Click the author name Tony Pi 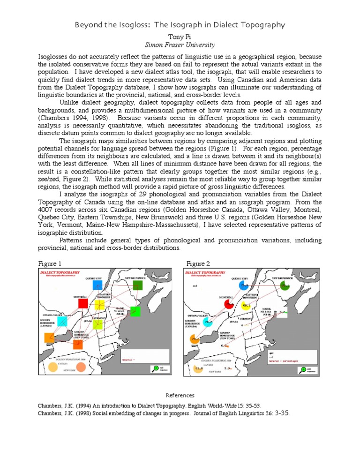tap(180, 36)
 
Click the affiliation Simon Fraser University tap(180, 45)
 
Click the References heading tap(180, 395)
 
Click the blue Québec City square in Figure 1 tap(97, 285)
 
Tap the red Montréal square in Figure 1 tap(83, 303)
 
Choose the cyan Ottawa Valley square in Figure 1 tap(62, 321)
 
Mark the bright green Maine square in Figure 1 tap(135, 311)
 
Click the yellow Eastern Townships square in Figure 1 tap(99, 305)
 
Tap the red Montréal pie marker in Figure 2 tap(229, 304)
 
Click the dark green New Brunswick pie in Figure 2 tap(284, 285)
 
